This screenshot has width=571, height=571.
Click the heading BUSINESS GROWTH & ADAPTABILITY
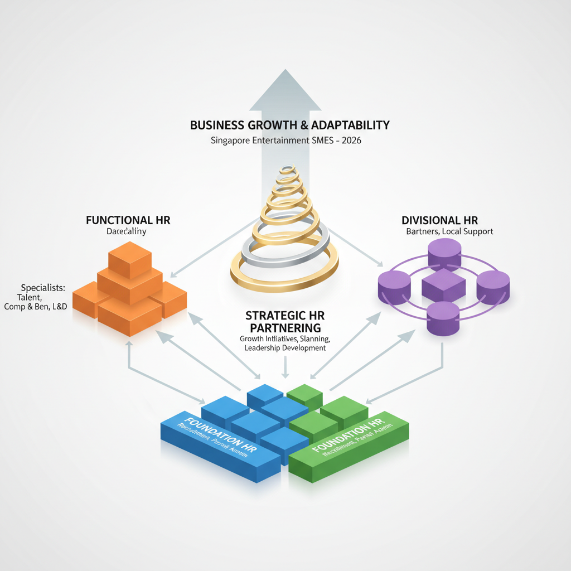[289, 125]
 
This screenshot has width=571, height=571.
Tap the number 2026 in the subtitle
[350, 141]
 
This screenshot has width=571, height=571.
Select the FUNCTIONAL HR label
[128, 220]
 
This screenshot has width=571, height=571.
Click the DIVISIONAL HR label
[439, 220]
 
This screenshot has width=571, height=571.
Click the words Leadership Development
[285, 348]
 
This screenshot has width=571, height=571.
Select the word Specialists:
[43, 288]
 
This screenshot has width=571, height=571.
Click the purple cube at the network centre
[443, 284]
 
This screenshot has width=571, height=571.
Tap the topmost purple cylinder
[444, 254]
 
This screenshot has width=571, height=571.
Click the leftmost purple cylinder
[394, 287]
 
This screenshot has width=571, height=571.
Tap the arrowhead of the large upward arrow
[285, 89]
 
